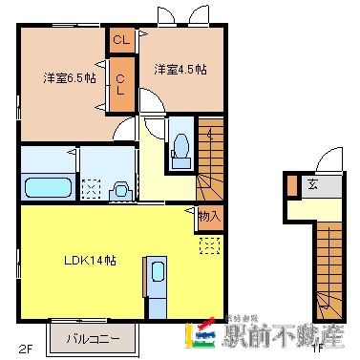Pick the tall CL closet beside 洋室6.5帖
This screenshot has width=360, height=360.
[x=122, y=83]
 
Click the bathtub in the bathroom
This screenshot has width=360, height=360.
[x=43, y=185]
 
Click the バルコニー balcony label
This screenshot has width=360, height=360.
[x=93, y=338]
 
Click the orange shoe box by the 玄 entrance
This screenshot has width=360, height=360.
[x=291, y=186]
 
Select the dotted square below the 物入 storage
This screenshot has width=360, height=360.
[x=208, y=246]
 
